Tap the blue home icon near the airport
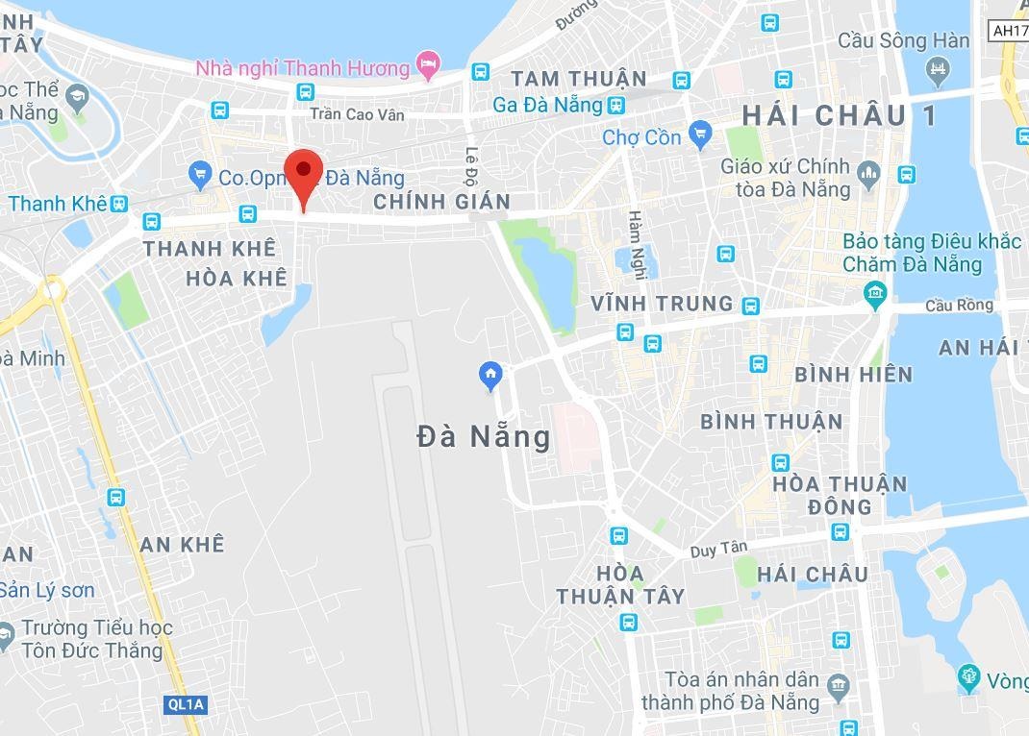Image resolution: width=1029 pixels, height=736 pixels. coord(490,374)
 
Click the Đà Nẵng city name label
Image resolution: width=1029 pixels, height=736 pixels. coord(484,437)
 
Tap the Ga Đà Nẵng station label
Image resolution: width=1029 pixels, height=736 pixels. coord(547,105)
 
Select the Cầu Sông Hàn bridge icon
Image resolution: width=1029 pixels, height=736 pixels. coord(936,68)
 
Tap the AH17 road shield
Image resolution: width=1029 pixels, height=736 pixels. coord(1008,30)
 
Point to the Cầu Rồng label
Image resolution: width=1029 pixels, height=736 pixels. coord(958,305)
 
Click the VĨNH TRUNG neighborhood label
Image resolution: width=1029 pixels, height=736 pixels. coord(662,304)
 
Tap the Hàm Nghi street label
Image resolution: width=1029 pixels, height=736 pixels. coord(637,244)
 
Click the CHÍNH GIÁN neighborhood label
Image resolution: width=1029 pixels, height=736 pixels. coord(440,202)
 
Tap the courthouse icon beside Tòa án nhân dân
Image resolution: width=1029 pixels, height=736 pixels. coord(839,684)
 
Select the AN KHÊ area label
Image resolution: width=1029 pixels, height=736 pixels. coord(182,545)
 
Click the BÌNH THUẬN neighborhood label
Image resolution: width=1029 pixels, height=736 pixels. coord(770,421)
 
